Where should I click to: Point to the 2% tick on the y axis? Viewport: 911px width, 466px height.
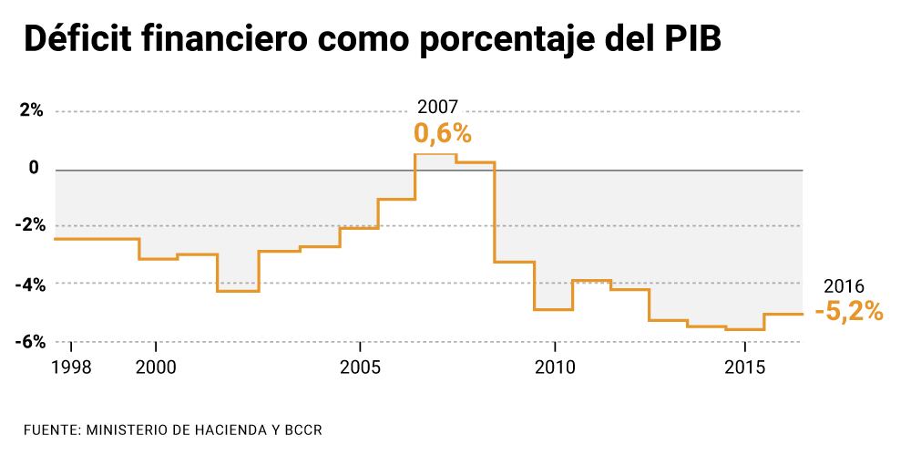(x=32, y=111)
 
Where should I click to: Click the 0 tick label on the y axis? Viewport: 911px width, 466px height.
(x=34, y=169)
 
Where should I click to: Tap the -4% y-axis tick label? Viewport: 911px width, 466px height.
(x=30, y=284)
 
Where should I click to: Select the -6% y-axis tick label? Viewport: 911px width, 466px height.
(x=30, y=341)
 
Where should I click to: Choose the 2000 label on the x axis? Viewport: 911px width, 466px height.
(x=157, y=368)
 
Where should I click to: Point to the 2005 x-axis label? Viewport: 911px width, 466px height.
(x=361, y=368)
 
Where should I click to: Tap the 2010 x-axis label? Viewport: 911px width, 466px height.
(x=553, y=368)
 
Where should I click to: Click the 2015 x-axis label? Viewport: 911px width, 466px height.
(x=745, y=368)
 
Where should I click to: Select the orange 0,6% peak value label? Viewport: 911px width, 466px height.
(x=443, y=134)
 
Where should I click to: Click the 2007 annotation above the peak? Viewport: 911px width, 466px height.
(x=437, y=106)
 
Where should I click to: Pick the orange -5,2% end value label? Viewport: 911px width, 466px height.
(x=849, y=312)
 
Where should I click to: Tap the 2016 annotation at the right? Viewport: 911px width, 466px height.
(x=843, y=285)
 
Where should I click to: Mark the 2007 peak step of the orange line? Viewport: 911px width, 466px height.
(x=435, y=154)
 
